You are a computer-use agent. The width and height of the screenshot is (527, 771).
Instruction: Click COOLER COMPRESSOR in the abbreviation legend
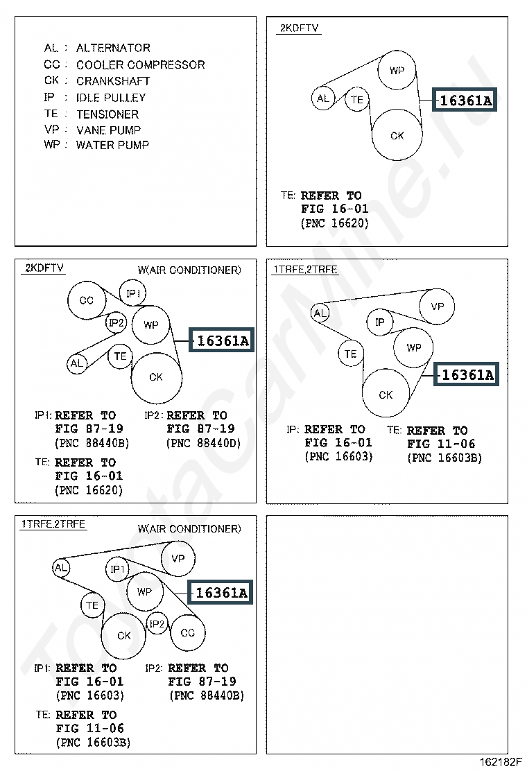coord(141,64)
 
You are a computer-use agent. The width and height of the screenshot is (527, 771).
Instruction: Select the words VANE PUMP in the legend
coord(109,130)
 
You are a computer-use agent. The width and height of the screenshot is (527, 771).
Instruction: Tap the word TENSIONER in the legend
coord(107,114)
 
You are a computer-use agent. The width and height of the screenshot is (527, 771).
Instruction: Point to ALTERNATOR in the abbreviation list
coord(113,48)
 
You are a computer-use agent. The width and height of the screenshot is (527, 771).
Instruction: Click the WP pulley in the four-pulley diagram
coord(397,70)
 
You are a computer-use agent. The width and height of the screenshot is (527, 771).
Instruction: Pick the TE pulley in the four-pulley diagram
coord(357,99)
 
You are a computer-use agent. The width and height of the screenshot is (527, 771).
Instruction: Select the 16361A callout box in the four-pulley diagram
coord(465,100)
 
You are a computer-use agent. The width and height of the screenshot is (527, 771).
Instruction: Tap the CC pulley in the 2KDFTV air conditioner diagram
coord(87,300)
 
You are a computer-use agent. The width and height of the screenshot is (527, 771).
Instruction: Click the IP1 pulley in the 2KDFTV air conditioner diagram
coord(132,293)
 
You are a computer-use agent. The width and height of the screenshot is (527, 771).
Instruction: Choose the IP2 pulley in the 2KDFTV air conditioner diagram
coord(116,322)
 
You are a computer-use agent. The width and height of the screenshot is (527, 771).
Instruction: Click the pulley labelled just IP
coord(380,322)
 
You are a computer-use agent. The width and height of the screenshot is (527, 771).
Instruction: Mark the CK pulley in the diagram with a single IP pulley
coord(386,395)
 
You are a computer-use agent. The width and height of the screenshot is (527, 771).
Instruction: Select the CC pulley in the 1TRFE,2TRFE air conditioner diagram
coord(188,633)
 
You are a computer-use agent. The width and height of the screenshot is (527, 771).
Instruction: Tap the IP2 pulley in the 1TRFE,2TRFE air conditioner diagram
coord(157,624)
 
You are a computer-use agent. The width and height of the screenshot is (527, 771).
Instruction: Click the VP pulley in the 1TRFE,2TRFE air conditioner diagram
coord(178,559)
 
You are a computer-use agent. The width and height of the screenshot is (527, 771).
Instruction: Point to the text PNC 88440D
coord(204,443)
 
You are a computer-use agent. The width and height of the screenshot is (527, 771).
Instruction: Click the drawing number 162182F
coord(500,762)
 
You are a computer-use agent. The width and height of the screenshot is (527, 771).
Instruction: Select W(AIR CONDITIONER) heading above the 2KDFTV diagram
coord(189,270)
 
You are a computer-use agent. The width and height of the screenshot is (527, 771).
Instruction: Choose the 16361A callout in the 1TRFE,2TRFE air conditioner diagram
coord(221,593)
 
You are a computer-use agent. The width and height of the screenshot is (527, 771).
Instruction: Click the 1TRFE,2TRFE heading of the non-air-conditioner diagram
coord(305,270)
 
